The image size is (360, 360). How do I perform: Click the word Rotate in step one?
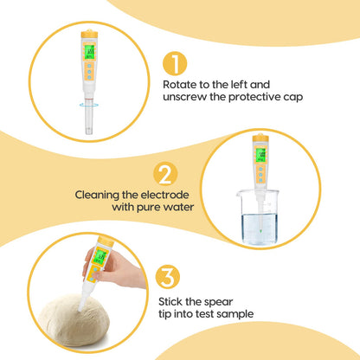pos(182,85)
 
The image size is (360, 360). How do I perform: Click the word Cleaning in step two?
pos(99,195)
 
